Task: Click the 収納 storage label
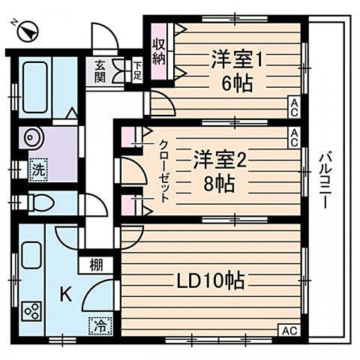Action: [159, 52]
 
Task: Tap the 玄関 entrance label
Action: [100, 70]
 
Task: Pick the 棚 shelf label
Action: [95, 265]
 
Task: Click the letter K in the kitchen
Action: [65, 295]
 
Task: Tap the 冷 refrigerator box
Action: [99, 325]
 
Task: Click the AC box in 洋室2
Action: [295, 135]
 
